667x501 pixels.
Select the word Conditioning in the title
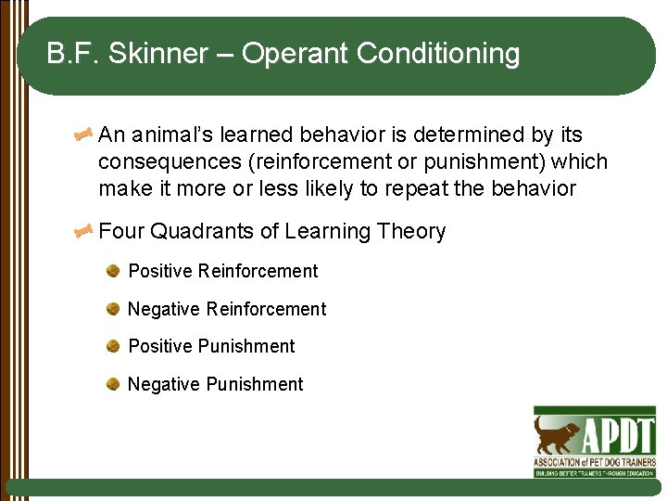(x=438, y=55)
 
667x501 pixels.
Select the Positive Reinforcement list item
(x=222, y=271)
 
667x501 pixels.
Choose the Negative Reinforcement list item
(x=226, y=309)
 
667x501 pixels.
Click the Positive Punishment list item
(x=211, y=346)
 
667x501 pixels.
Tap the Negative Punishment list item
(x=215, y=384)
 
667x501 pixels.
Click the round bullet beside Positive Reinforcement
(x=112, y=271)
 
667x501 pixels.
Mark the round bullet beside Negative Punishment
(x=112, y=384)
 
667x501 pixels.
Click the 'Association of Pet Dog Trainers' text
(x=594, y=461)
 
